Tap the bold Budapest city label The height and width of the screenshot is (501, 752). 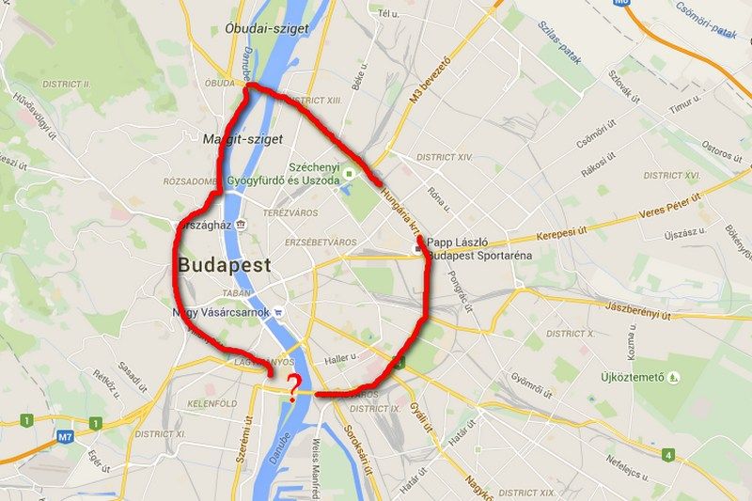pos(224,264)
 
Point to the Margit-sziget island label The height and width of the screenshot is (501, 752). pos(243,138)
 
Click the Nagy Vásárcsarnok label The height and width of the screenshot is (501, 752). pos(222,312)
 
